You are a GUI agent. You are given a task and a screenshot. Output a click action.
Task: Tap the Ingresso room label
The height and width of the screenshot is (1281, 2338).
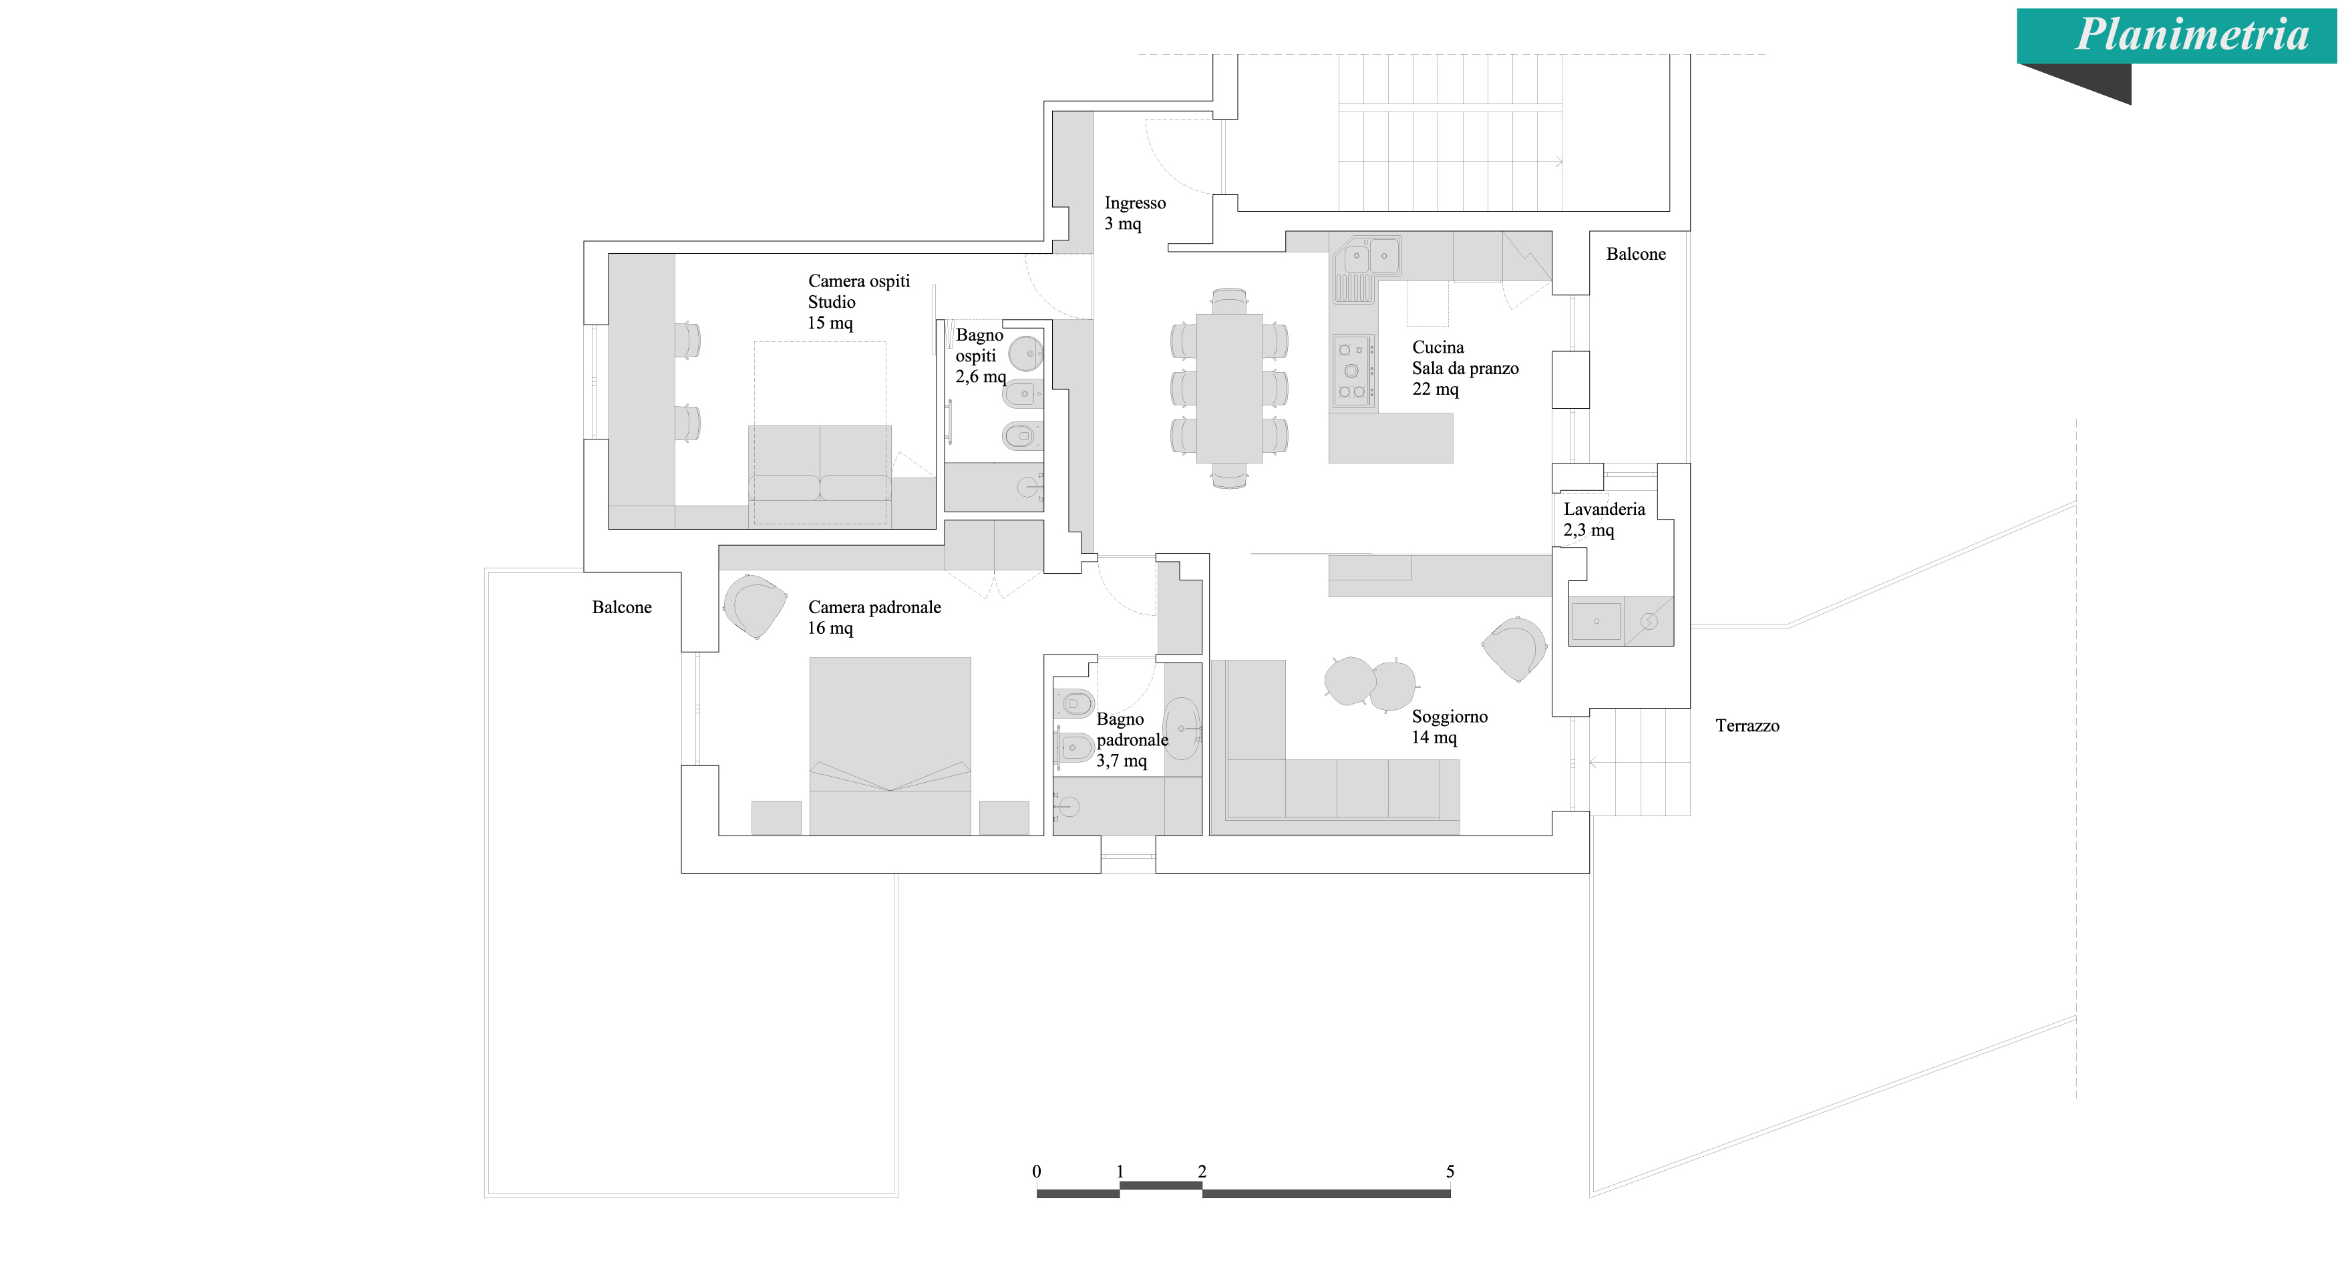coord(1134,213)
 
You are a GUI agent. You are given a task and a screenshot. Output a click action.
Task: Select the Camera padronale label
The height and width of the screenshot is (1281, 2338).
coord(874,617)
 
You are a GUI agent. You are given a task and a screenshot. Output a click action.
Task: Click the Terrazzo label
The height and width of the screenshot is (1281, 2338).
coord(1747,726)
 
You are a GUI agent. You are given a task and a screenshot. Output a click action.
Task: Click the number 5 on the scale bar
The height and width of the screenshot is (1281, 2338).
coord(1450,1171)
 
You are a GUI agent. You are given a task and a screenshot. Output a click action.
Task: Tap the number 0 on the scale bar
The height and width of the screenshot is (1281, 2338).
coord(1037,1171)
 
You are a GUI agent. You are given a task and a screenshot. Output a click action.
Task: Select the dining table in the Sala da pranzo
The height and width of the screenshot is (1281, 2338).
coord(1229,387)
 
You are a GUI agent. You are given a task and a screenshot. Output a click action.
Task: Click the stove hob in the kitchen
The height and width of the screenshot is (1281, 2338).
coord(1352,370)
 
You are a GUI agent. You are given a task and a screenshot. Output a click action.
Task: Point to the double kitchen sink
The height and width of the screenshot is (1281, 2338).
coord(1369,256)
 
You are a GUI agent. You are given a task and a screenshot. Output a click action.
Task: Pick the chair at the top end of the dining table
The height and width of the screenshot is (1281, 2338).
coord(1229,301)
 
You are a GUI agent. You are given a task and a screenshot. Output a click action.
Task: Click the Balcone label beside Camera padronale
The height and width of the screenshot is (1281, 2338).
coord(622,608)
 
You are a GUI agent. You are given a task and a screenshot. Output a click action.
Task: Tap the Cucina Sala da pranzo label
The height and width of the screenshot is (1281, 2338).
coord(1464,368)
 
